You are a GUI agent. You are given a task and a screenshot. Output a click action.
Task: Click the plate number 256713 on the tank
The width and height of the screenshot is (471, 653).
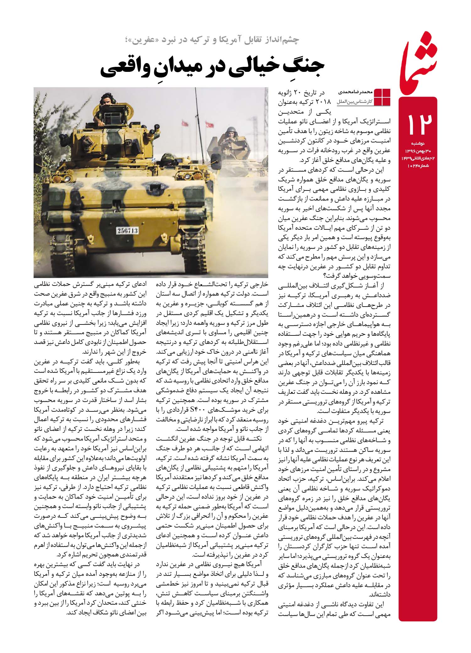(127, 231)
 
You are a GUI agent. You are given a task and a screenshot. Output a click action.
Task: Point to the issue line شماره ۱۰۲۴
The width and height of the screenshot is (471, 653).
(420, 165)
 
